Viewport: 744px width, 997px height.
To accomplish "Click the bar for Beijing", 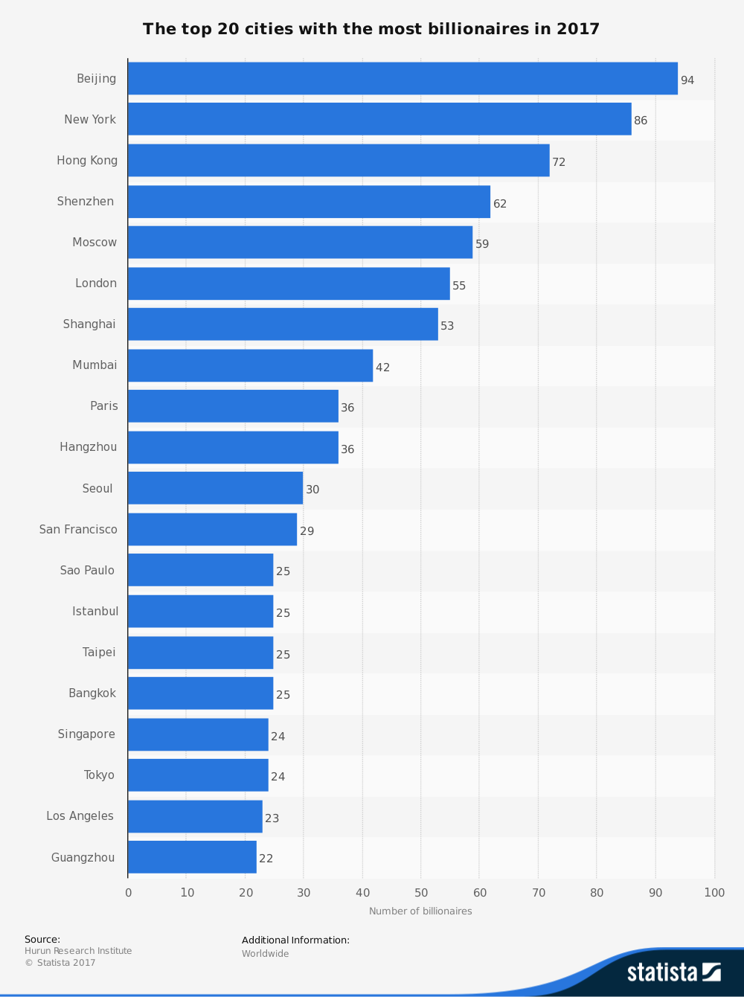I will [x=403, y=78].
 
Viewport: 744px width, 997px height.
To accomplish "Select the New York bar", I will [x=379, y=119].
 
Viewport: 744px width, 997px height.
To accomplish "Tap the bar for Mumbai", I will [x=250, y=365].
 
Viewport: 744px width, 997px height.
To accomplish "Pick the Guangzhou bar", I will [x=192, y=857].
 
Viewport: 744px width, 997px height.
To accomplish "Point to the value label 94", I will [x=687, y=80].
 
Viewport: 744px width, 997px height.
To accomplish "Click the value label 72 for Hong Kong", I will [x=559, y=162].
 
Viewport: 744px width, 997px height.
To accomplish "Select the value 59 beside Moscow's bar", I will [x=482, y=244].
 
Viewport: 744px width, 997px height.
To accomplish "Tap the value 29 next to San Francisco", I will [x=307, y=531].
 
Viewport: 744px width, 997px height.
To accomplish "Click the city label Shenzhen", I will [x=86, y=202].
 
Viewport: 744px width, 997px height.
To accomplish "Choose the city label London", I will [x=96, y=283].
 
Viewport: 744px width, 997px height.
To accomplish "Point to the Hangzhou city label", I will [x=89, y=447].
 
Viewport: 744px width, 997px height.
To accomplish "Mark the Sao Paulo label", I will [x=87, y=571].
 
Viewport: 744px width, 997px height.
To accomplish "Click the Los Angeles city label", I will [x=80, y=816].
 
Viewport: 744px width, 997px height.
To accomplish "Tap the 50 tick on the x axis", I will [x=421, y=893].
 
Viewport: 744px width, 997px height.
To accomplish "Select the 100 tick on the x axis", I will [x=714, y=893].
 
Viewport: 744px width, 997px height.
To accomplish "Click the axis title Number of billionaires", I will [x=420, y=911].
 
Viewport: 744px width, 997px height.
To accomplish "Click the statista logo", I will [x=673, y=972].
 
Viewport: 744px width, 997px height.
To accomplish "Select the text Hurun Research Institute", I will [x=78, y=951].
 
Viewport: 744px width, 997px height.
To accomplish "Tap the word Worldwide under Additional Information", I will [x=265, y=954].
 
